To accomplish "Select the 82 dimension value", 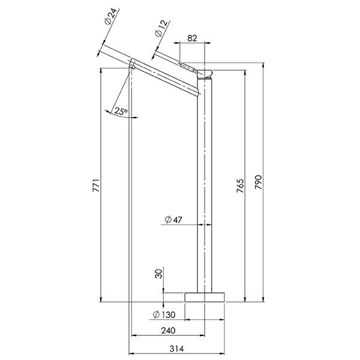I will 192,38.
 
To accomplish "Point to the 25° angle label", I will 121,111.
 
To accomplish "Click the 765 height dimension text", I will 239,186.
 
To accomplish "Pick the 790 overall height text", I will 258,183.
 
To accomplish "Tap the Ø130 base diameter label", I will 164,314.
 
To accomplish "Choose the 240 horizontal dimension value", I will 167,331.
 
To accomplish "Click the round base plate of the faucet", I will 205,296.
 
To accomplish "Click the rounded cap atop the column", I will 205,74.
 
